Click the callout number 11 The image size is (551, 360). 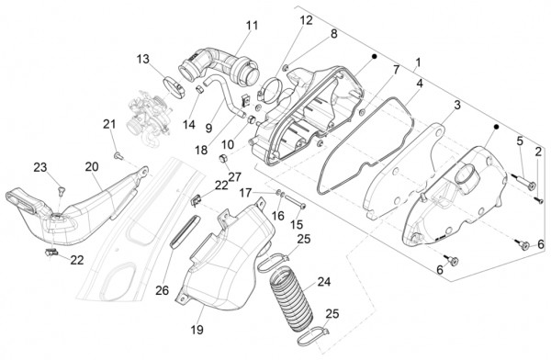pos(252,26)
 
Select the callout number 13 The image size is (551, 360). pos(142,59)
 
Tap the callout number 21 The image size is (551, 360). pos(109,124)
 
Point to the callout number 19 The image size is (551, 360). pos(197,330)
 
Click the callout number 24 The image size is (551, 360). pos(324,282)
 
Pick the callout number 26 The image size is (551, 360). pos(162,290)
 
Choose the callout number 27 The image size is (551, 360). pos(235,176)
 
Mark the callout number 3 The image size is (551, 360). pos(457,105)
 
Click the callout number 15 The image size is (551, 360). pos(296,224)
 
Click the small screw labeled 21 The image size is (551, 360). pos(118,154)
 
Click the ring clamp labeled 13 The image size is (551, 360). pos(174,87)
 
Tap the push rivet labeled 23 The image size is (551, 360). pos(62,190)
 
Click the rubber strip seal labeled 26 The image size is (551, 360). pos(186,231)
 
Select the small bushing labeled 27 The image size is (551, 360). pos(223,159)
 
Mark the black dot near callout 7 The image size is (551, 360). pos(374,56)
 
